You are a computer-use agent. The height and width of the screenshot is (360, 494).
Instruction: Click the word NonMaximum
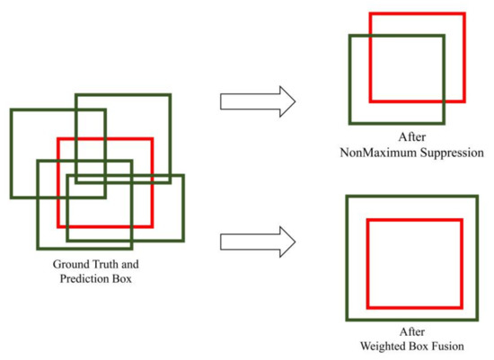tap(371, 153)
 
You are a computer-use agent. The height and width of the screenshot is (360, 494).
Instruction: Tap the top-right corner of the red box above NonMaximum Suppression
tap(464, 14)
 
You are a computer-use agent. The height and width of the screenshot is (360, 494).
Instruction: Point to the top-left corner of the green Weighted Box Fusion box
tap(348, 197)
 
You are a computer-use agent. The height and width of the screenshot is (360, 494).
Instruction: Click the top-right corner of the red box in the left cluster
tap(152, 138)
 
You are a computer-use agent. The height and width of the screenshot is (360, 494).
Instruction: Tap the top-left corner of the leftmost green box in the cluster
tap(11, 110)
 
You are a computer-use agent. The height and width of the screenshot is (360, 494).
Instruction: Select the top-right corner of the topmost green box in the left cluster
tap(168, 94)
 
